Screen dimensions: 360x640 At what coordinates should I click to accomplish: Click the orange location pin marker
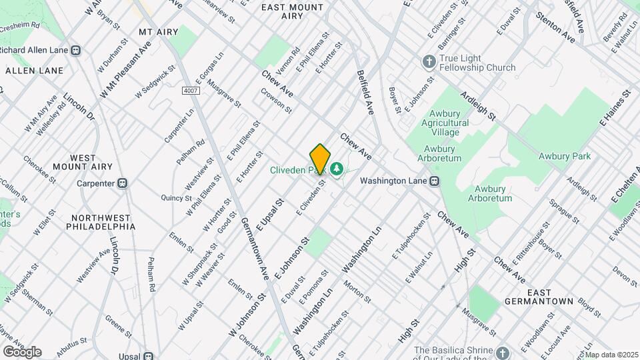click(320, 159)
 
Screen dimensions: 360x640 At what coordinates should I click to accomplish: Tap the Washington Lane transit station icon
click(434, 181)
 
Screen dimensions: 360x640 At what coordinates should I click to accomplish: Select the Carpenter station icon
click(123, 183)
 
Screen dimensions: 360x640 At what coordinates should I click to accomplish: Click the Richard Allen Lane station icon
click(76, 50)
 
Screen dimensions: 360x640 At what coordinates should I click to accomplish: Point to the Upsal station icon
click(149, 356)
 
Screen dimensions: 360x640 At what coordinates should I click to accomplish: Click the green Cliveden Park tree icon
click(337, 167)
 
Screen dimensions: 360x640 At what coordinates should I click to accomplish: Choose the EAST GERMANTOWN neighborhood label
click(549, 297)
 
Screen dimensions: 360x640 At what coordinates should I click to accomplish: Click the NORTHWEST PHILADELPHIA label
click(101, 222)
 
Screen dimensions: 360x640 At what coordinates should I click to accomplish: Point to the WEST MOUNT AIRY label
click(85, 162)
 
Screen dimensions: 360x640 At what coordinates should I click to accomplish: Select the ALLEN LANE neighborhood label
click(35, 70)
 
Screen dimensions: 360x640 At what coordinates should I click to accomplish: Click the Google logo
click(22, 352)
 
